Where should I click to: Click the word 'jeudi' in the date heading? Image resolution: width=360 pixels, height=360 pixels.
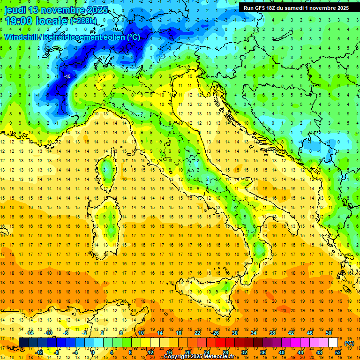pos(15,10)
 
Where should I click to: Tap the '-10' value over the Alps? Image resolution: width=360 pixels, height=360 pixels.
pos(67,76)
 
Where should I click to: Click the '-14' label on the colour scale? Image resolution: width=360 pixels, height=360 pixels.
pos(30,333)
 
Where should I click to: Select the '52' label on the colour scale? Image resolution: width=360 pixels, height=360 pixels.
pos(338,352)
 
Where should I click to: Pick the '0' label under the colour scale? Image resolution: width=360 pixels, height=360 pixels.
pos(92,352)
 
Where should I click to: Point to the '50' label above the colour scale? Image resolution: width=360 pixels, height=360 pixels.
pos(329,333)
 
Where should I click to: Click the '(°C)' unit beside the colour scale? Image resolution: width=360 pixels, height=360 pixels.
pos(349,343)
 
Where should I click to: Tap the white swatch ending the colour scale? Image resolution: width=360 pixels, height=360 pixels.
pos(333,343)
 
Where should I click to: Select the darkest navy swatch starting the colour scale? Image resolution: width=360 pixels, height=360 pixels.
pos(23,343)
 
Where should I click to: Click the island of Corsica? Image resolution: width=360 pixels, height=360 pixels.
pos(107,170)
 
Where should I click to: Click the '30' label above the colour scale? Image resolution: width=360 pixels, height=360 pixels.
pos(235,333)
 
